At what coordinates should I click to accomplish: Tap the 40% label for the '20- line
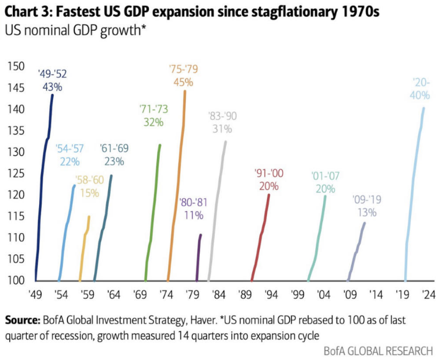(x=420, y=95)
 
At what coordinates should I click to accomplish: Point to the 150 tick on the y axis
(x=16, y=66)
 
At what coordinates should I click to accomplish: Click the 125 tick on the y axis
(x=16, y=174)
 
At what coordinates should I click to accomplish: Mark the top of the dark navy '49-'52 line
(x=52, y=95)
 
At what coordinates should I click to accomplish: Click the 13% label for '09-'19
(x=367, y=212)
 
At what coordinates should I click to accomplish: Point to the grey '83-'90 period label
(x=222, y=116)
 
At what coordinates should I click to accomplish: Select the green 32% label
(x=153, y=122)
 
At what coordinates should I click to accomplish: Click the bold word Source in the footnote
(x=22, y=320)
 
